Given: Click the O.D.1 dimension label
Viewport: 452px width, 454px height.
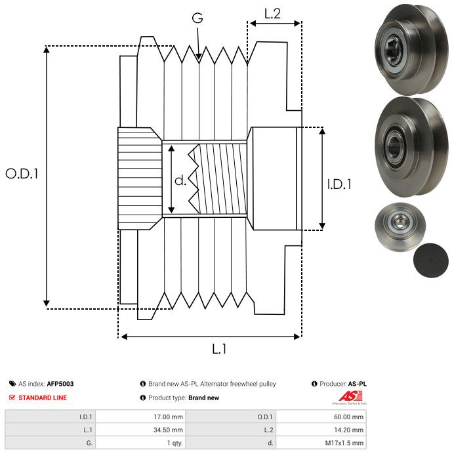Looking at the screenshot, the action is click(x=22, y=174).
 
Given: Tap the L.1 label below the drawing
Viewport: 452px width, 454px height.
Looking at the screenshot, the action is click(x=219, y=349).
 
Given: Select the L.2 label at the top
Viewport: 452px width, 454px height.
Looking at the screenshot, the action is click(x=272, y=13).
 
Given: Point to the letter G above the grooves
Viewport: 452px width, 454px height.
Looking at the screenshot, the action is click(x=197, y=18).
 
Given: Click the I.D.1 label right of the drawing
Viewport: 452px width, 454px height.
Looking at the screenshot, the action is click(x=339, y=184).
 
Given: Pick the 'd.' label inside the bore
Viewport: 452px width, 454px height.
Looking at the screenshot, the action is click(x=180, y=180).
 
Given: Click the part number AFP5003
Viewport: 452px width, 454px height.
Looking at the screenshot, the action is click(x=60, y=384).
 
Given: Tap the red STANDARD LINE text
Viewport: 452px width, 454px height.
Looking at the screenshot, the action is click(x=43, y=398).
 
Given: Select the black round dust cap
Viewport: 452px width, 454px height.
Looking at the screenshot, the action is click(x=431, y=260).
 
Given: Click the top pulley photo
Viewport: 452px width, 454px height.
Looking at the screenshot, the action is click(x=411, y=49).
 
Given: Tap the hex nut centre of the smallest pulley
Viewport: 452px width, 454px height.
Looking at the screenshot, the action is click(x=399, y=222).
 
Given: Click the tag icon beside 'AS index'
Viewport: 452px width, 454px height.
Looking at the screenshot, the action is click(x=12, y=384).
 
